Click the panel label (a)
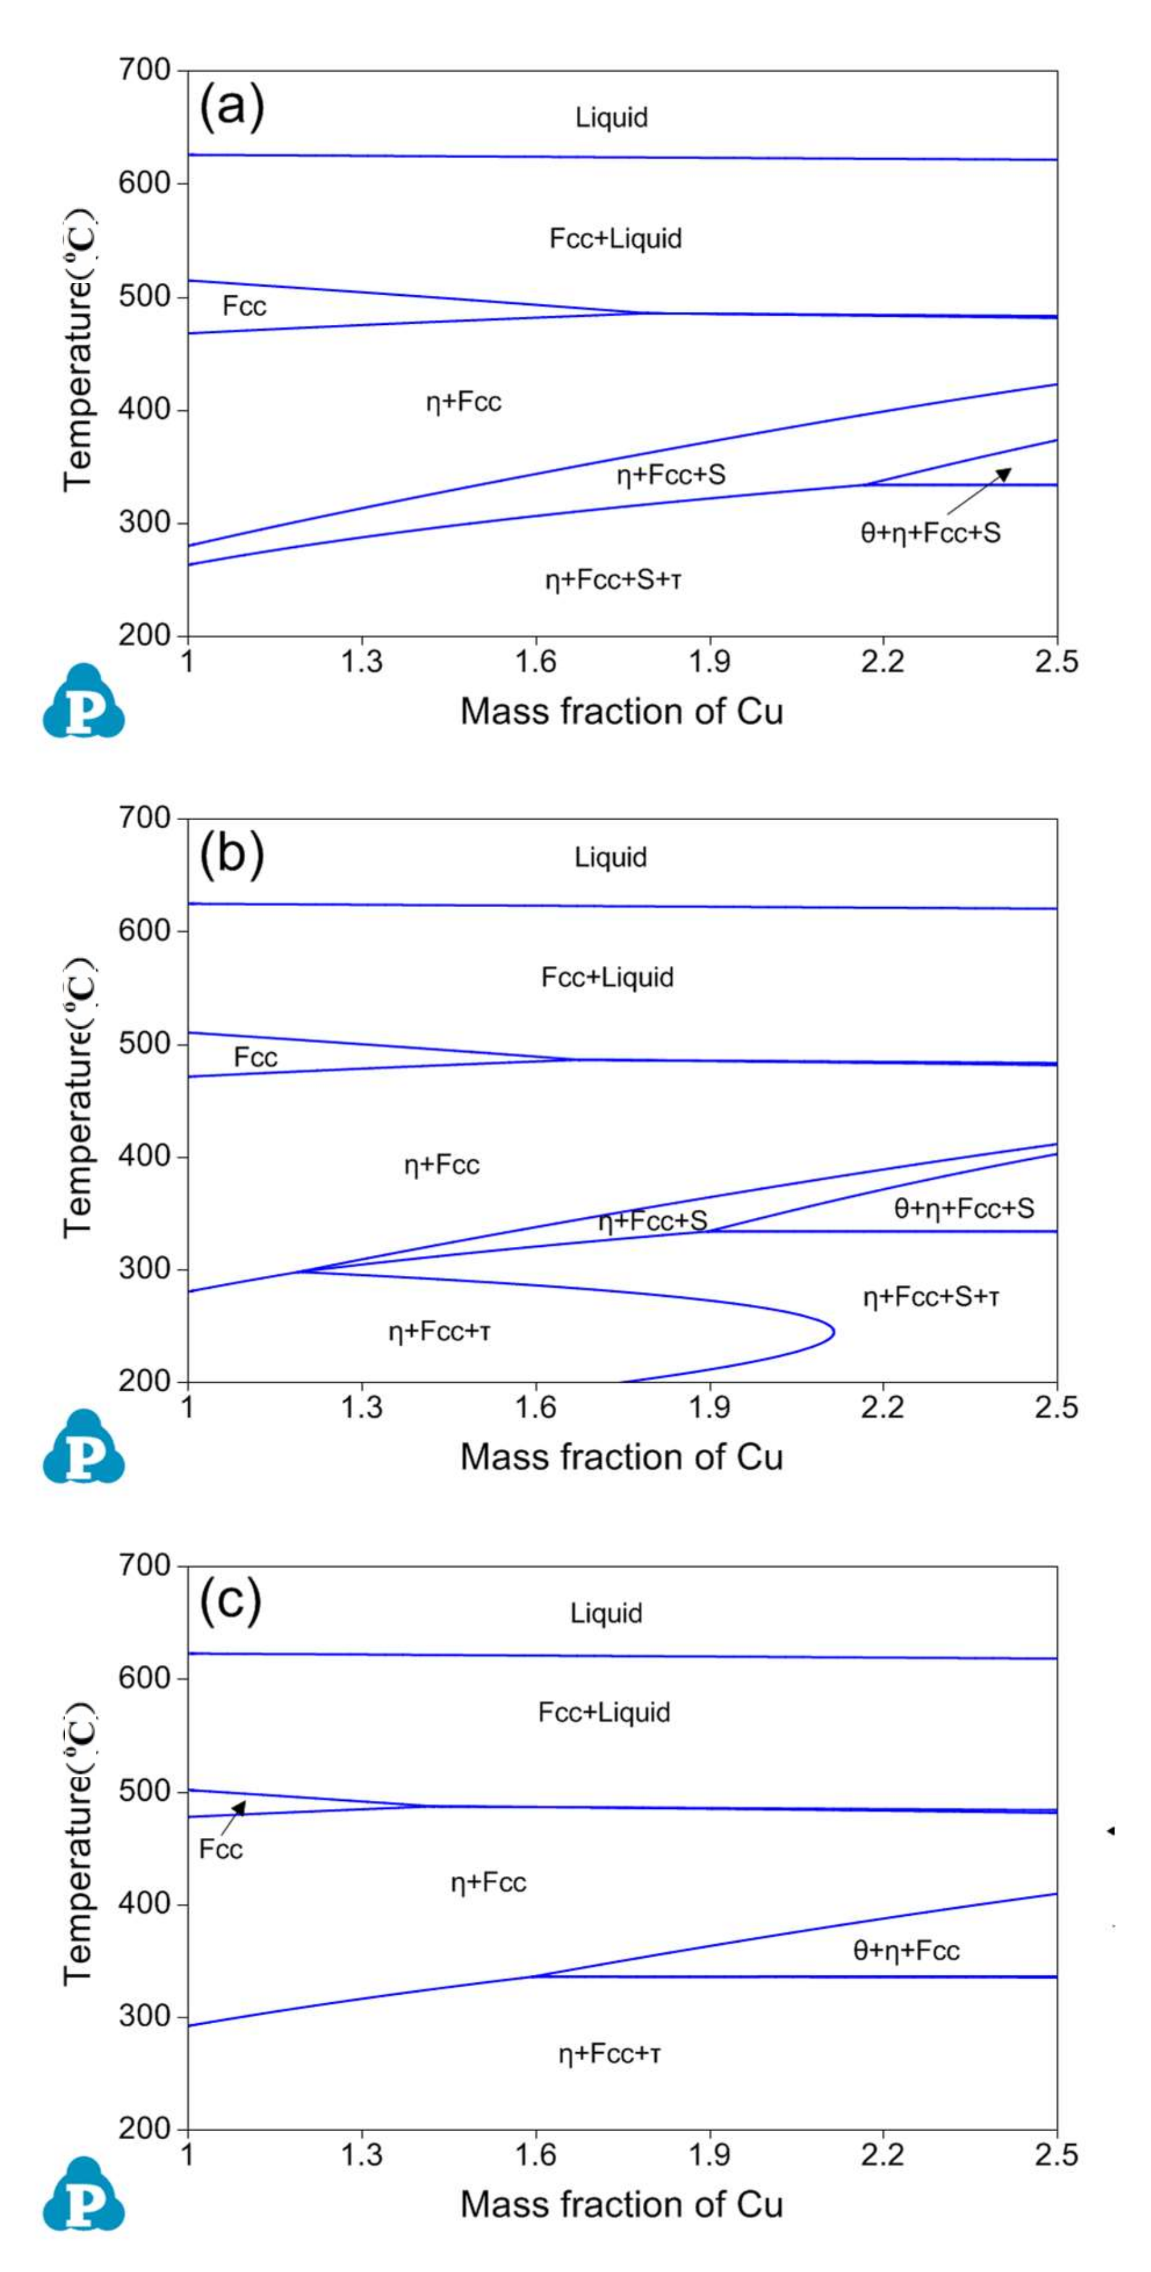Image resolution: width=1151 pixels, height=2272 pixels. [x=231, y=109]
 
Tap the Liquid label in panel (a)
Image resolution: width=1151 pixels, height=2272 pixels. [x=611, y=117]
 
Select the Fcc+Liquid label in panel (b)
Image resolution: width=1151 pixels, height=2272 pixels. [x=607, y=977]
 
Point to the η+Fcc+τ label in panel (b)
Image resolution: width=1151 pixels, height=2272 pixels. [x=439, y=1331]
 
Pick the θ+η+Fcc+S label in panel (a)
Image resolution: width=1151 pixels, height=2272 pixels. [x=931, y=533]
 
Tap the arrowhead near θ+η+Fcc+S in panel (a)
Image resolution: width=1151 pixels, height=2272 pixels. [x=1005, y=474]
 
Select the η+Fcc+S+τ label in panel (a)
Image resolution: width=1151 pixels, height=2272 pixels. [x=613, y=579]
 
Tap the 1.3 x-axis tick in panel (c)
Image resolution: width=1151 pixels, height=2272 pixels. [x=362, y=2155]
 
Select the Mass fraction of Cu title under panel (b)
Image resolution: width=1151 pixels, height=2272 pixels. [x=621, y=1456]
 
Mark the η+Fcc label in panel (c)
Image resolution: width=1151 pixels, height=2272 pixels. [x=488, y=1883]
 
